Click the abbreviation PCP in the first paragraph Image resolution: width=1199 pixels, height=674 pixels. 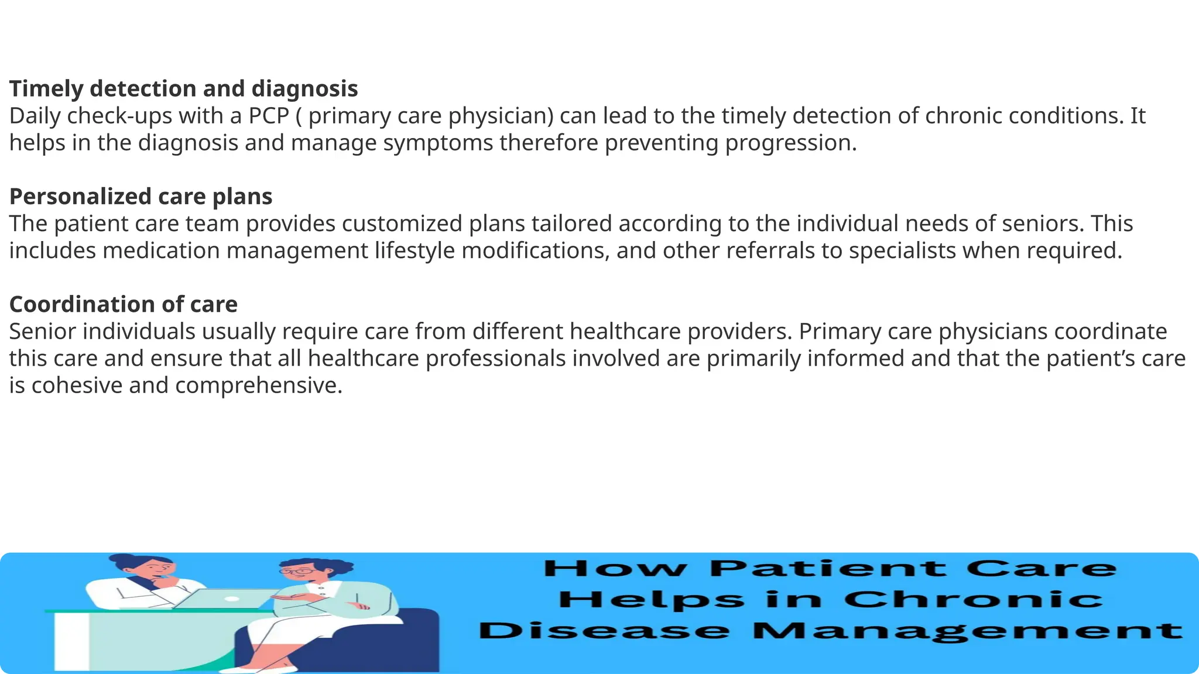coord(269,116)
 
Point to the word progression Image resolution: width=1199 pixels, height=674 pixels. coord(791,143)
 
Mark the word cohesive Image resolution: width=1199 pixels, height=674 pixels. coord(77,385)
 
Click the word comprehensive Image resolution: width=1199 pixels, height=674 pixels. coord(258,385)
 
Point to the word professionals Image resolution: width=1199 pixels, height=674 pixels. coord(495,358)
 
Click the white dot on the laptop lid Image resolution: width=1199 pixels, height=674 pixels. coord(231,599)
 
